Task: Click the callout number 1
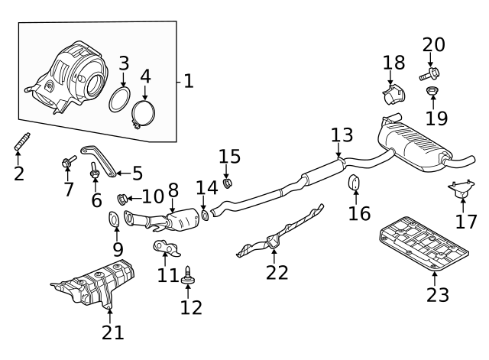[x=189, y=80]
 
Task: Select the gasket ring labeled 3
[x=118, y=100]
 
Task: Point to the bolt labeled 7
[x=67, y=162]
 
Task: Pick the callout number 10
[x=153, y=196]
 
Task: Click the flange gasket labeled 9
[x=113, y=222]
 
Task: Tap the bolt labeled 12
[x=187, y=275]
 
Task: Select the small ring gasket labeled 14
[x=205, y=216]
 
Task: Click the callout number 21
[x=112, y=332]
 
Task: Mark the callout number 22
[x=277, y=272]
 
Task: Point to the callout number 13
[x=342, y=136]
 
